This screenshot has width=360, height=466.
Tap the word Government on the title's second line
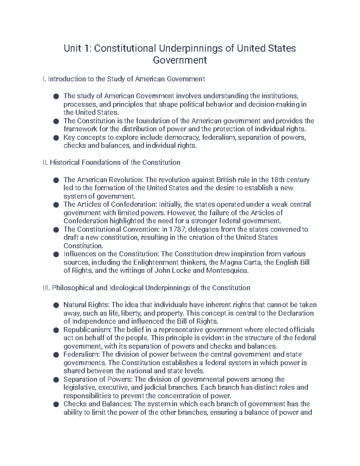pyautogui.click(x=180, y=60)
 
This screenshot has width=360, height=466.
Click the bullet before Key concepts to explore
pyautogui.click(x=55, y=138)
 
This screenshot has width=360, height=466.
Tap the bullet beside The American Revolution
pyautogui.click(x=55, y=180)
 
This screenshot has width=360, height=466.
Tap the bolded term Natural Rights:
pyautogui.click(x=86, y=305)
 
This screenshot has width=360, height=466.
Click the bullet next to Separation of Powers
pyautogui.click(x=55, y=380)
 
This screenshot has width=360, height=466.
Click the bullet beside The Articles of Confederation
pyautogui.click(x=55, y=205)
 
